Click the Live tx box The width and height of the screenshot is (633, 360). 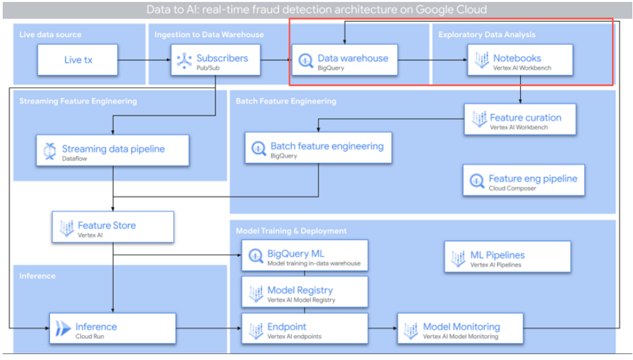pyautogui.click(x=78, y=60)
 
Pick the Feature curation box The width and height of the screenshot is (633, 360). pyautogui.click(x=520, y=120)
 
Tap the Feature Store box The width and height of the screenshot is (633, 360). pyautogui.click(x=113, y=228)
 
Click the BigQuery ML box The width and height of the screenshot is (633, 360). pyautogui.click(x=305, y=256)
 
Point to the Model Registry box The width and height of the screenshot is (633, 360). pyautogui.click(x=305, y=292)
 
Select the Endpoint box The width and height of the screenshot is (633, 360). pyautogui.click(x=305, y=329)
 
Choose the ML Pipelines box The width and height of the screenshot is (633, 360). pyautogui.click(x=507, y=257)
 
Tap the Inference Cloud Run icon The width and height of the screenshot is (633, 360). pyautogui.click(x=64, y=329)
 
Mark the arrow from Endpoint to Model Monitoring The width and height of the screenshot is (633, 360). pyautogui.click(x=383, y=329)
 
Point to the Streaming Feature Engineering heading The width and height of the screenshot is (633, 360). pyautogui.click(x=78, y=101)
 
